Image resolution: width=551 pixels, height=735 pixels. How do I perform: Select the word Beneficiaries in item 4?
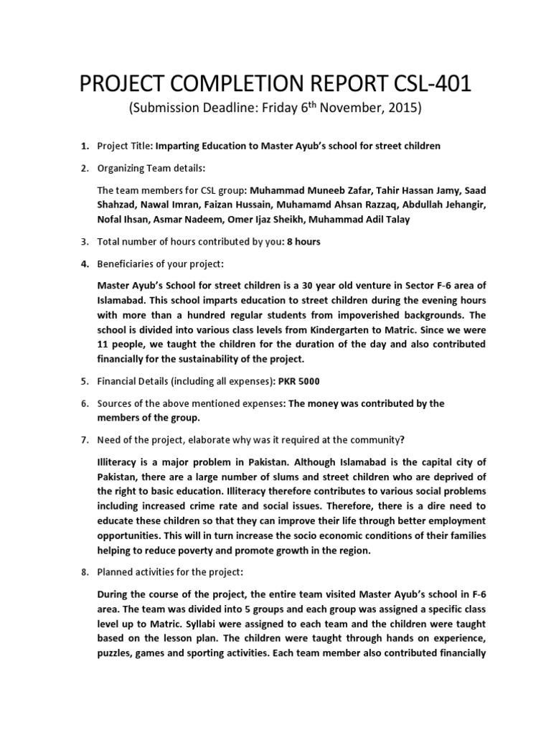click(x=126, y=264)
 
